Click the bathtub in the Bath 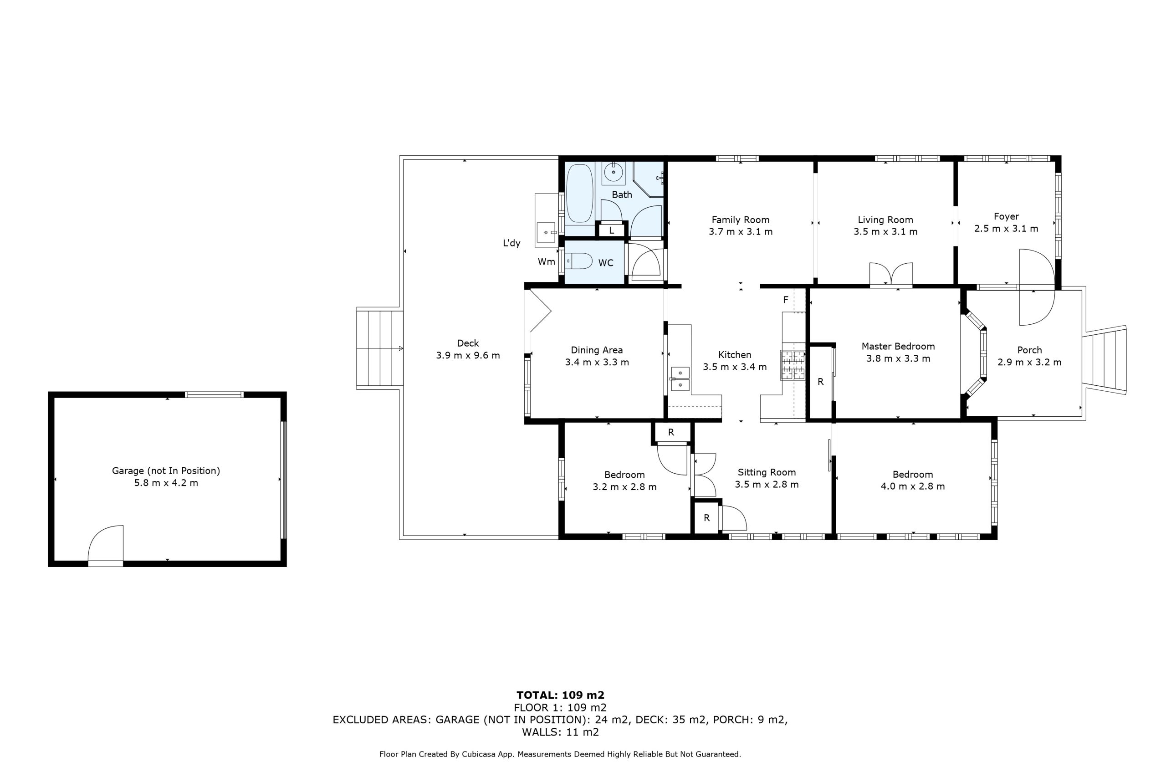[579, 193]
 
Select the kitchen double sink [680, 378]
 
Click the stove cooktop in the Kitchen [792, 365]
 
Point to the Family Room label [740, 220]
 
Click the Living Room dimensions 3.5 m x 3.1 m [885, 231]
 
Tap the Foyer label [1006, 216]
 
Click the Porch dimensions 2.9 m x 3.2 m [1029, 362]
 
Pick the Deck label [468, 343]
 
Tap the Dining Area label [597, 350]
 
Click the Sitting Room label [767, 472]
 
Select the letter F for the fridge [785, 300]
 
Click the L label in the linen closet [612, 230]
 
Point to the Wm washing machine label [546, 261]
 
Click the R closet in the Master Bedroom [821, 382]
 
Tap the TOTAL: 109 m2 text [560, 695]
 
